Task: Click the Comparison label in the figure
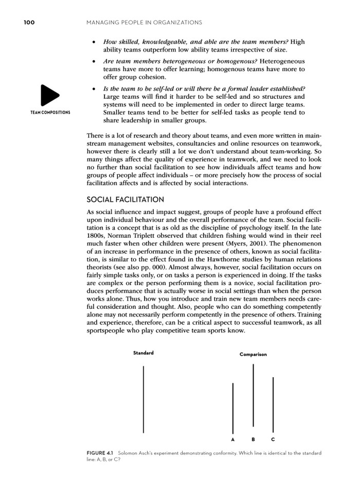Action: point(253,355)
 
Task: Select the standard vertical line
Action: point(143,399)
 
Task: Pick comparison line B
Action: point(253,395)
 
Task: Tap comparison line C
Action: point(273,404)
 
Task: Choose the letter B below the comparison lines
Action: point(253,439)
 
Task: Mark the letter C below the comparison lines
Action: point(273,439)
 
